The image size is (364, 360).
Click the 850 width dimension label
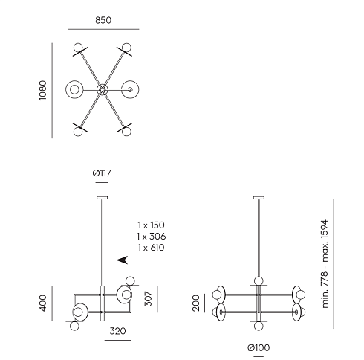click(x=103, y=20)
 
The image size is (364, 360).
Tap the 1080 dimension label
click(x=43, y=90)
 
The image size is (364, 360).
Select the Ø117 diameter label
click(x=102, y=173)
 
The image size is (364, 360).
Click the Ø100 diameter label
click(x=259, y=348)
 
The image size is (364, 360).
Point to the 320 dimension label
click(x=117, y=331)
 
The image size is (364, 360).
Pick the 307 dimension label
click(x=149, y=299)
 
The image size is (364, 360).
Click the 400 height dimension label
click(x=43, y=303)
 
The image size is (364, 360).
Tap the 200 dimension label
click(x=196, y=303)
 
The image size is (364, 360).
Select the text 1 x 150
click(x=151, y=225)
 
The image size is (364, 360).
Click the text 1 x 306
click(x=151, y=237)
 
